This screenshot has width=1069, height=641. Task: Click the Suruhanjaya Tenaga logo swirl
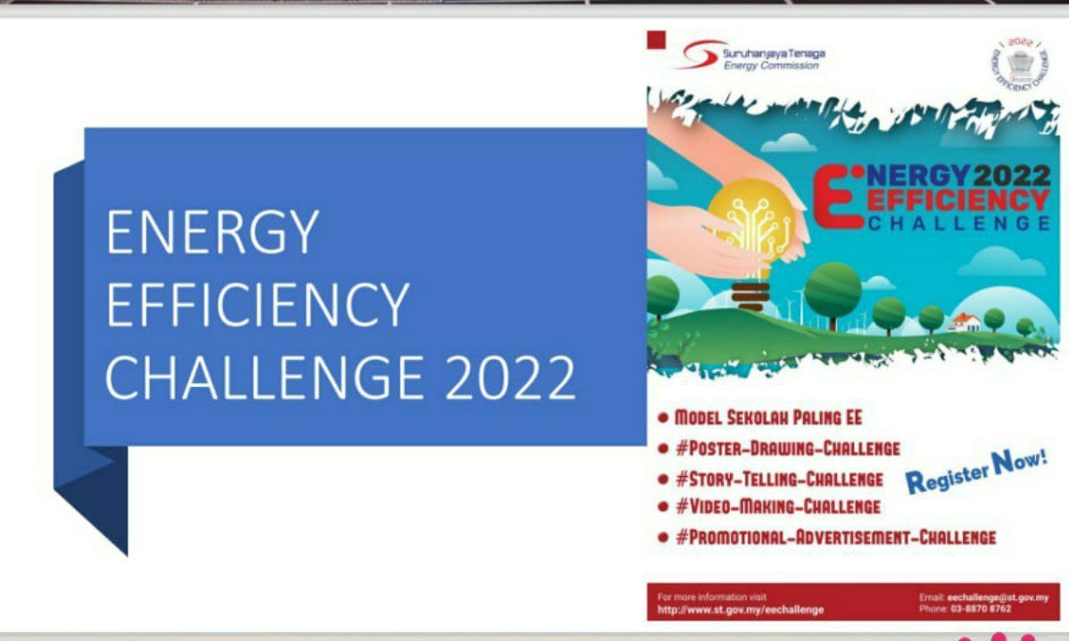tap(696, 57)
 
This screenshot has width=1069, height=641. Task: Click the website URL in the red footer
tap(741, 610)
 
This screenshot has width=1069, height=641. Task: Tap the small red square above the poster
tap(657, 40)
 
